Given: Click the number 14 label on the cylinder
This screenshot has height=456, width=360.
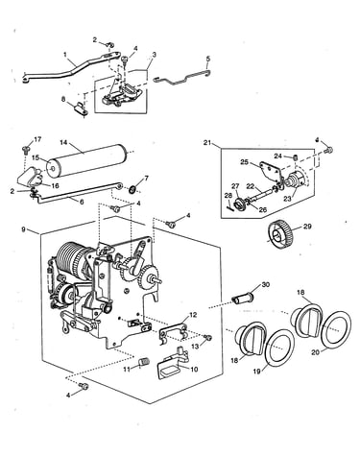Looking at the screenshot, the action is pyautogui.click(x=63, y=142).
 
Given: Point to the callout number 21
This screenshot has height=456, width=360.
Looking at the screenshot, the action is pyautogui.click(x=207, y=142).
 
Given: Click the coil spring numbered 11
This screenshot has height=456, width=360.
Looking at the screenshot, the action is pyautogui.click(x=144, y=362).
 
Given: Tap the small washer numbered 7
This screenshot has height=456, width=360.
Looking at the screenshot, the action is pyautogui.click(x=132, y=189).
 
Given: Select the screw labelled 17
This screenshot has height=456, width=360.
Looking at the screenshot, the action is pyautogui.click(x=25, y=149).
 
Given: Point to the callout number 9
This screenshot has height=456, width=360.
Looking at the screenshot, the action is pyautogui.click(x=24, y=229).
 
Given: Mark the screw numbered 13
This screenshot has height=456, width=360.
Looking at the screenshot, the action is pyautogui.click(x=208, y=337).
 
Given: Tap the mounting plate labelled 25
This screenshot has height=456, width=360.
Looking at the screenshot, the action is pyautogui.click(x=270, y=170).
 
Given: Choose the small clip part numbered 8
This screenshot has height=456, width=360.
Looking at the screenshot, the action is pyautogui.click(x=80, y=108).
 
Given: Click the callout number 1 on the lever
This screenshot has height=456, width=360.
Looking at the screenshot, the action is pyautogui.click(x=65, y=55).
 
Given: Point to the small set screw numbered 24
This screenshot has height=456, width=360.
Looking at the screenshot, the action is pyautogui.click(x=296, y=157).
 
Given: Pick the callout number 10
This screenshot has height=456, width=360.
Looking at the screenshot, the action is pyautogui.click(x=194, y=369).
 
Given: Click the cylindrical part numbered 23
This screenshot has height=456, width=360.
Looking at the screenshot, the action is pyautogui.click(x=296, y=181).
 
